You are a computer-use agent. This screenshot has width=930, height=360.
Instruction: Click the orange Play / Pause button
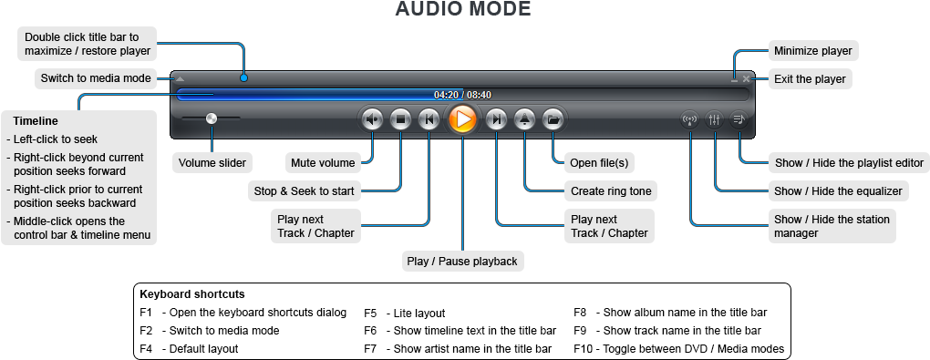pyautogui.click(x=462, y=118)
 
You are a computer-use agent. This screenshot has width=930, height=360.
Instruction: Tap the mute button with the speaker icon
pyautogui.click(x=372, y=118)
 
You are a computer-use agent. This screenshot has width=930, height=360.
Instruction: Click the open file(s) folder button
pyautogui.click(x=553, y=118)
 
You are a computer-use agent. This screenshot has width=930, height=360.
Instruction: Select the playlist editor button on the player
pyautogui.click(x=739, y=118)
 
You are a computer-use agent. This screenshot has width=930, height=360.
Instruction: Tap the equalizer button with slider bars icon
pyautogui.click(x=715, y=118)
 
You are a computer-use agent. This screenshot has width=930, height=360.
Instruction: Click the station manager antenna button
pyautogui.click(x=690, y=118)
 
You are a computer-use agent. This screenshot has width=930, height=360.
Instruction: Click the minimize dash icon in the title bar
pyautogui.click(x=734, y=79)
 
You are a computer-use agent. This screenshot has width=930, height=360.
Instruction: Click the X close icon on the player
pyautogui.click(x=747, y=79)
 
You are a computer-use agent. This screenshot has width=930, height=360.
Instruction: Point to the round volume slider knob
pyautogui.click(x=212, y=118)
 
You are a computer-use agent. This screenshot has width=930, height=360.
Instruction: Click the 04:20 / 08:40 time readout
pyautogui.click(x=462, y=95)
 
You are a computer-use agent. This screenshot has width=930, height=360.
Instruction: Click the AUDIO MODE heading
pyautogui.click(x=462, y=10)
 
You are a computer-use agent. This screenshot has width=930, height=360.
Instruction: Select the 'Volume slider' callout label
pyautogui.click(x=212, y=163)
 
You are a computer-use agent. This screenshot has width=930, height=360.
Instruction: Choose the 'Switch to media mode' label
pyautogui.click(x=96, y=78)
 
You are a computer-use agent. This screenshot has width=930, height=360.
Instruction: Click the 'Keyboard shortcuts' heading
pyautogui.click(x=191, y=294)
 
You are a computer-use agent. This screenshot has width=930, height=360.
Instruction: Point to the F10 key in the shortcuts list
pyautogui.click(x=584, y=348)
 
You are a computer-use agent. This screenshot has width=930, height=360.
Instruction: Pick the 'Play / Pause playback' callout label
pyautogui.click(x=462, y=262)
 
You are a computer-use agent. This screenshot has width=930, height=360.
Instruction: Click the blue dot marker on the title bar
pyautogui.click(x=243, y=78)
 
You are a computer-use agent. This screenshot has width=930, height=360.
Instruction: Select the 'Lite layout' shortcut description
pyautogui.click(x=415, y=313)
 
